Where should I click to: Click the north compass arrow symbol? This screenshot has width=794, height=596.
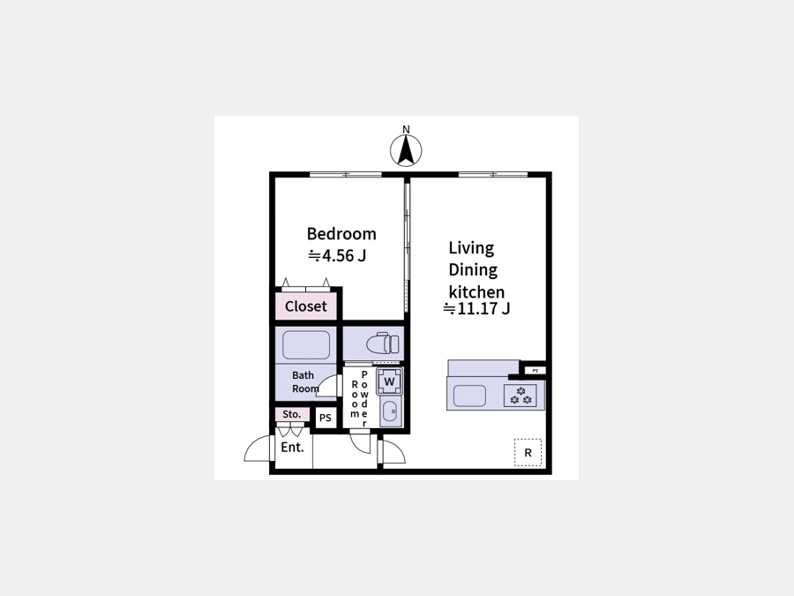coord(406,150)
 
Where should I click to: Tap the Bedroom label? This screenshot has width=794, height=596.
coord(341,234)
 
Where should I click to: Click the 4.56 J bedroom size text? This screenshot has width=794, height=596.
coord(337,256)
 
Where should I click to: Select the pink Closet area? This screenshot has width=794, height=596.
coord(306,306)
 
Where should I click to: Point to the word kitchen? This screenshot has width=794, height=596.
coord(476,292)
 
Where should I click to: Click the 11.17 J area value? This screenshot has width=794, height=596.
coord(476,308)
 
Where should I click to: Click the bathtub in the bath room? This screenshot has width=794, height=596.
coord(306,344)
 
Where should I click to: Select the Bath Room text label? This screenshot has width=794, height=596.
coord(305,382)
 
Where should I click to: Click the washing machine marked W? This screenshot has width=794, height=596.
coord(389,381)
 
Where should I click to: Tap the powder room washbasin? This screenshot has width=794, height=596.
coord(390,411)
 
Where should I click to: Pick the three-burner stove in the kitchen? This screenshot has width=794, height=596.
coord(521,396)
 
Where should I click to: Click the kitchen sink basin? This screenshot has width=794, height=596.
coord(469,396)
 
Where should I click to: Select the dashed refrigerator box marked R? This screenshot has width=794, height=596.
coord(528,452)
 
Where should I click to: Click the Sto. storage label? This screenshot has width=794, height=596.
coord(292,414)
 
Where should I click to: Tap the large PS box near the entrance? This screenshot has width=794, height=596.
coord(325,418)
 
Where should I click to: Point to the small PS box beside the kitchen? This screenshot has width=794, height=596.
coord(536,371)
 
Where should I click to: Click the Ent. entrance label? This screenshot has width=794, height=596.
coord(293,448)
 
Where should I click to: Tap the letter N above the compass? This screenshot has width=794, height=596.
coord(406,130)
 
